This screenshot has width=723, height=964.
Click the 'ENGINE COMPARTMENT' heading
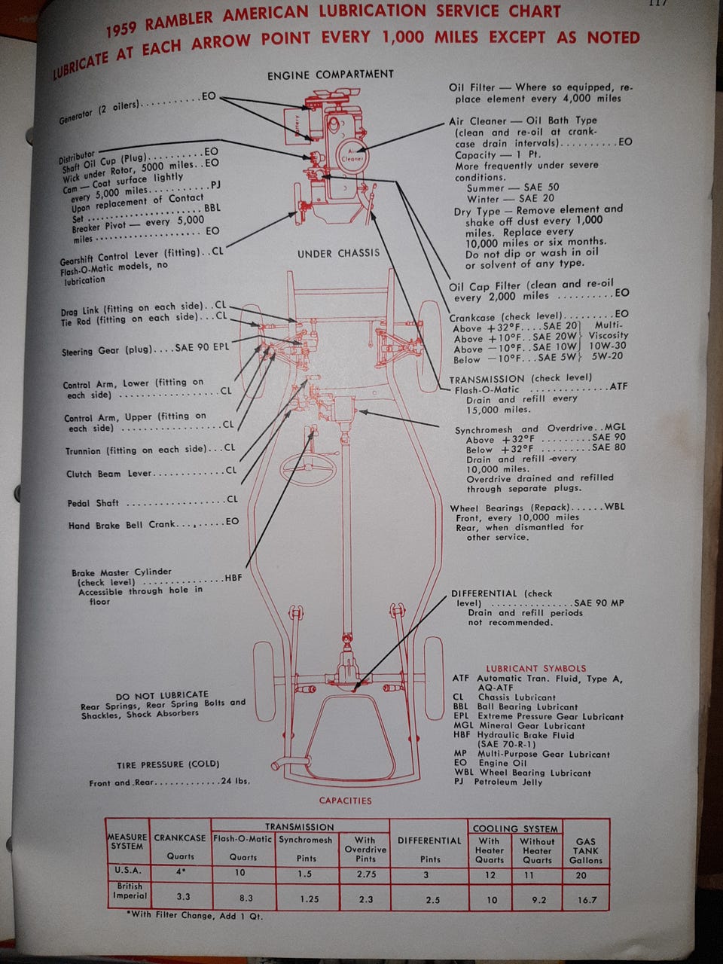point(330,75)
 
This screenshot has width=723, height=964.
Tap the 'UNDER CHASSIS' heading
point(338,254)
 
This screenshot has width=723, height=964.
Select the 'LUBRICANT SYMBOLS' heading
point(535,668)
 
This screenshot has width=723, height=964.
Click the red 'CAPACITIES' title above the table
point(345,801)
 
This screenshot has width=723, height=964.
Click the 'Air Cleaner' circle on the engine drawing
point(352,154)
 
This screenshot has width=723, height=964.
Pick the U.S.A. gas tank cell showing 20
point(581,875)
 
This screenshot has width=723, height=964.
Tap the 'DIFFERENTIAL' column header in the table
point(429,840)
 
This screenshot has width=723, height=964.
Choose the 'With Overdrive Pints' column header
point(365,849)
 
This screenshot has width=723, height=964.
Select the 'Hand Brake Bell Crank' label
point(121,525)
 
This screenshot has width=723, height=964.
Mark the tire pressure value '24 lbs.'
point(235,781)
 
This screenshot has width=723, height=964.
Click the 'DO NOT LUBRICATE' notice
point(162,695)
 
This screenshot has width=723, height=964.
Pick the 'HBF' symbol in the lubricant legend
point(461,735)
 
